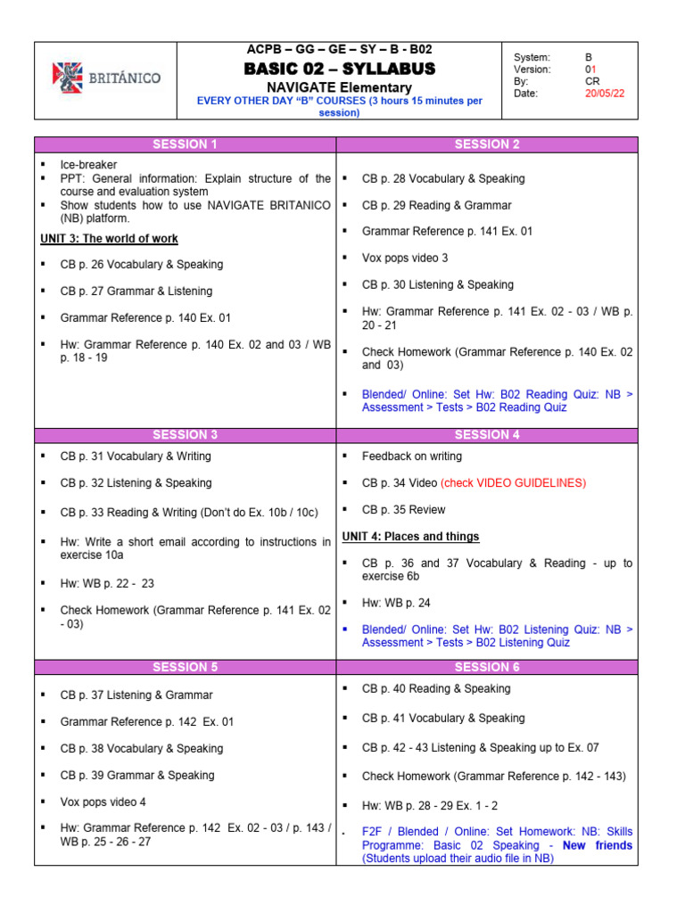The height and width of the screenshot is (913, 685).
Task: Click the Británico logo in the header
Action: [106, 78]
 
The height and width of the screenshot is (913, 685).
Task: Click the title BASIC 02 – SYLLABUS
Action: [340, 69]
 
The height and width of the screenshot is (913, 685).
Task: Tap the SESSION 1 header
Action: [185, 144]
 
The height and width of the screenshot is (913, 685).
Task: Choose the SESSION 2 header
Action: [486, 144]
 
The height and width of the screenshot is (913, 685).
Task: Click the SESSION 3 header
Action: [185, 435]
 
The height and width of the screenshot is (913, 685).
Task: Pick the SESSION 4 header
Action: [486, 435]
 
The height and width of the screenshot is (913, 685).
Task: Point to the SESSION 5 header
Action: [185, 667]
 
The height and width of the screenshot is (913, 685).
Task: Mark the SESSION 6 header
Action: [486, 667]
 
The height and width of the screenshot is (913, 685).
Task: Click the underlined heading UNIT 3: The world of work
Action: [110, 239]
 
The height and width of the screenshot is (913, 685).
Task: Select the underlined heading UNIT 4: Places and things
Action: [411, 537]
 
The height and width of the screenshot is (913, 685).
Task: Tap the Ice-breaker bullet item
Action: [88, 165]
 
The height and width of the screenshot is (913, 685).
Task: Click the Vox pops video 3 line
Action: [405, 258]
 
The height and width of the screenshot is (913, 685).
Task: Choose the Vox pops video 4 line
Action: [103, 802]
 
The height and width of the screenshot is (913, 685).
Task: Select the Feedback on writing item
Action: [412, 456]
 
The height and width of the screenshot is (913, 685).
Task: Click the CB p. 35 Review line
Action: [403, 510]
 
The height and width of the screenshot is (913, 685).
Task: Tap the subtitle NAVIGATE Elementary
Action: [340, 87]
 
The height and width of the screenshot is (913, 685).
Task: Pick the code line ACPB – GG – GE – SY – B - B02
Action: [340, 50]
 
